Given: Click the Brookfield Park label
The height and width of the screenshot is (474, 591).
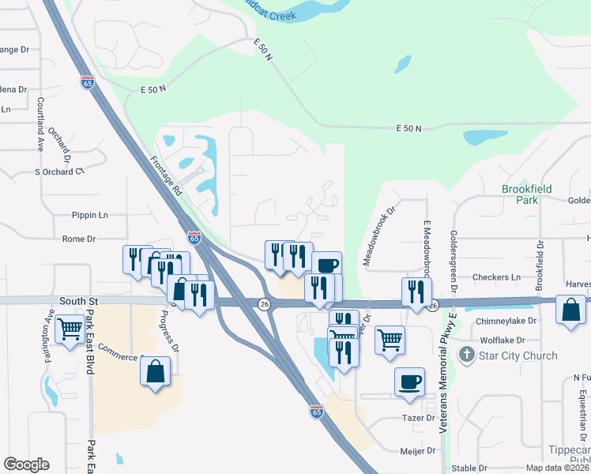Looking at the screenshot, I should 526,194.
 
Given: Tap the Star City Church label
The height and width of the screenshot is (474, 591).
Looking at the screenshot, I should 518,355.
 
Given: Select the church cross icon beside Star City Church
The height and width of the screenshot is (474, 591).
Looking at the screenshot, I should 469,355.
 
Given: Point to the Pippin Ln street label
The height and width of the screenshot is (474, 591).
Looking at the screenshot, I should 89,215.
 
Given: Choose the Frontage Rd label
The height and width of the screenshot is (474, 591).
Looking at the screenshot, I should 166,175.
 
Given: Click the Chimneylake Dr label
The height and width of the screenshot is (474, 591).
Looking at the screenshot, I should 506,321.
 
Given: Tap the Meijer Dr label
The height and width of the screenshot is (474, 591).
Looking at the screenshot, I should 418,451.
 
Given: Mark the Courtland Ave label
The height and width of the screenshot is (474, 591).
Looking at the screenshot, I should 40,124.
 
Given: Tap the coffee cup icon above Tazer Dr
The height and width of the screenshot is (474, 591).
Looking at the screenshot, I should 409,382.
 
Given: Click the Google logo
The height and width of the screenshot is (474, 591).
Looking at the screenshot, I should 26,465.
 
